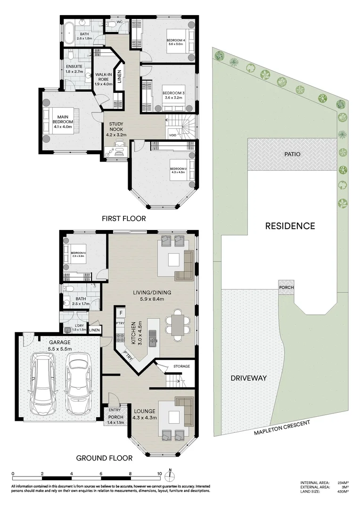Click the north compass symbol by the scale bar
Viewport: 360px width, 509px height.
tap(172, 474)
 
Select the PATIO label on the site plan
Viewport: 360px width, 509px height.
tap(292, 154)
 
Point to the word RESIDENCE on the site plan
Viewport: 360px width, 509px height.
tap(290, 226)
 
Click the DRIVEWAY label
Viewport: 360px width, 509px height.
tap(249, 378)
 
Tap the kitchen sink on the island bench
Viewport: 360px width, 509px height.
tap(152, 336)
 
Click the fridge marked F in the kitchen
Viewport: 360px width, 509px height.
tap(121, 312)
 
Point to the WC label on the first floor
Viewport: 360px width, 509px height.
tap(119, 22)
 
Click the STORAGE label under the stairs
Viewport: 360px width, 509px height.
tap(181, 366)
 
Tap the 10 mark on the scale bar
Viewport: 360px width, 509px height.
tap(160, 474)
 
